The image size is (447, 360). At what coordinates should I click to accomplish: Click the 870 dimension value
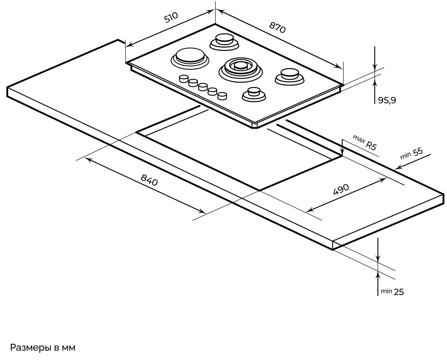pyautogui.click(x=277, y=27)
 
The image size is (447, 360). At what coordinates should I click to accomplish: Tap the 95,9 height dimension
pyautogui.click(x=387, y=101)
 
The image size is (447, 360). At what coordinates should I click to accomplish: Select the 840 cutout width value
pyautogui.click(x=149, y=180)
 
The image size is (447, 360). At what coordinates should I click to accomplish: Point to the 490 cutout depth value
pyautogui.click(x=341, y=189)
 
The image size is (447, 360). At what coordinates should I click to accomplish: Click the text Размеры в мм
pyautogui.click(x=43, y=348)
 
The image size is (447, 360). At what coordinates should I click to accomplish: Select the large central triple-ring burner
pyautogui.click(x=240, y=67)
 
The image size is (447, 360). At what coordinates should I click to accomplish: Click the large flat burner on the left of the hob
pyautogui.click(x=190, y=57)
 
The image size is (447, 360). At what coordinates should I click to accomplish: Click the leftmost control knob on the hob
pyautogui.click(x=184, y=78)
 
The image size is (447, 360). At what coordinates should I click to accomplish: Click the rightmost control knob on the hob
pyautogui.click(x=222, y=96)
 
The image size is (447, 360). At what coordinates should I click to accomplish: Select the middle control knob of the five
pyautogui.click(x=203, y=87)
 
